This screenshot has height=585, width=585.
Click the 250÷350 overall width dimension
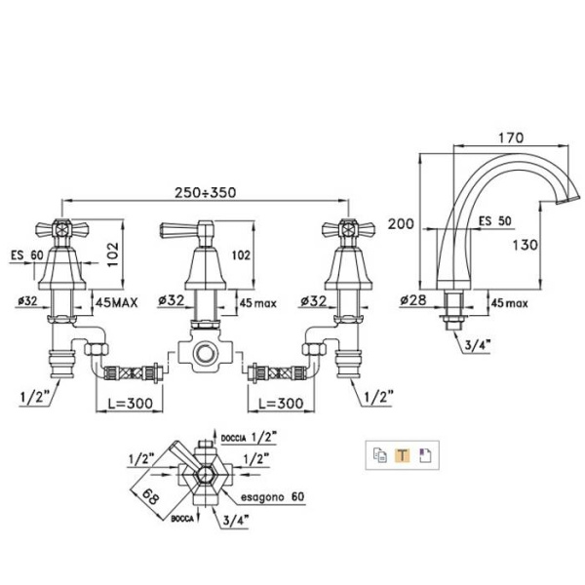(202, 192)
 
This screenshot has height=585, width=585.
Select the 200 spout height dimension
(401, 223)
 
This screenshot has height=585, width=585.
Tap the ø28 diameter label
(413, 301)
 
